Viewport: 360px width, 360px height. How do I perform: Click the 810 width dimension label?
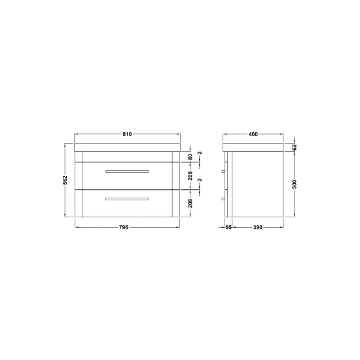click(x=127, y=134)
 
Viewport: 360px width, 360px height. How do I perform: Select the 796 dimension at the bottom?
click(x=124, y=227)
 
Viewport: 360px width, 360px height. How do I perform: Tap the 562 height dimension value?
click(x=65, y=180)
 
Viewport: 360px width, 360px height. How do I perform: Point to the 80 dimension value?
click(x=190, y=157)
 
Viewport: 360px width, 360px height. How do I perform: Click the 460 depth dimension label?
click(x=253, y=134)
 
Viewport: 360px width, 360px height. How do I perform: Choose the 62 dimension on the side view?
click(x=295, y=147)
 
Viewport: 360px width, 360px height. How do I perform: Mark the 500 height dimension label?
click(x=295, y=184)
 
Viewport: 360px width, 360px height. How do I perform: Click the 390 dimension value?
click(x=258, y=227)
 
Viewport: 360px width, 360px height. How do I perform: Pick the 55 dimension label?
click(x=228, y=227)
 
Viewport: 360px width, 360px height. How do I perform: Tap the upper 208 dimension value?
click(x=190, y=176)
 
